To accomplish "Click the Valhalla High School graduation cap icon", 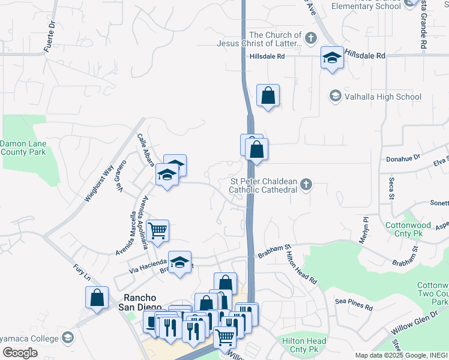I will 335,96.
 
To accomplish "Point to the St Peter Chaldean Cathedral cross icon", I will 307,184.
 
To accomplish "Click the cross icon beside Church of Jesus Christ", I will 310,39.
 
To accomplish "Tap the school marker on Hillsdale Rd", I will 332,58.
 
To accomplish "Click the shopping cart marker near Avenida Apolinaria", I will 157,230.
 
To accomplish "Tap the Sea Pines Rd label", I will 354,305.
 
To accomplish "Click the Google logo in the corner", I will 20,353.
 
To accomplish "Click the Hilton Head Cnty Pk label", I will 304,345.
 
